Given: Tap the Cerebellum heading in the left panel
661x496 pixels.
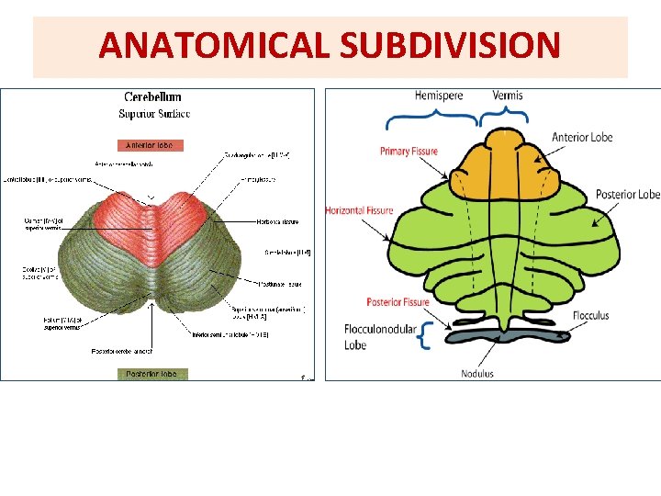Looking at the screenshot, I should [152, 96].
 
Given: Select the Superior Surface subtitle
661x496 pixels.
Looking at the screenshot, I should [153, 114].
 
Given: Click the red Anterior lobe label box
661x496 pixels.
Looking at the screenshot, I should [150, 144].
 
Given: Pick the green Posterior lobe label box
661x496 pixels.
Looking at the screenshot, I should [152, 374].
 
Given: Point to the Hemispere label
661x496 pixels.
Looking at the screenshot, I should [438, 95].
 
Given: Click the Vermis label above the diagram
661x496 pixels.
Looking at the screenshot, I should [508, 95].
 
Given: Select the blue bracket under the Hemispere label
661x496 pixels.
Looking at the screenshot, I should [431, 118].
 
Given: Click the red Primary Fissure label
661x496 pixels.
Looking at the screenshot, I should [409, 152].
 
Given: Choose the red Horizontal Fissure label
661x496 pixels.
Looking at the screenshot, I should [359, 210].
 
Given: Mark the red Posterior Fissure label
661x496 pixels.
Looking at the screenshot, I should [398, 302].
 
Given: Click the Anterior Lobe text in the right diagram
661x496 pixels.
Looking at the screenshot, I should [582, 138].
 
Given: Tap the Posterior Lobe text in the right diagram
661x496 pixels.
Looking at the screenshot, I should [627, 195].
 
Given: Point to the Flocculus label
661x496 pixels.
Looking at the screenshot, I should [590, 316].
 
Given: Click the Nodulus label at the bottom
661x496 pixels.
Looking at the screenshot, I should [478, 374].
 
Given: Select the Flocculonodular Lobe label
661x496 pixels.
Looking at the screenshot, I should [379, 336].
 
